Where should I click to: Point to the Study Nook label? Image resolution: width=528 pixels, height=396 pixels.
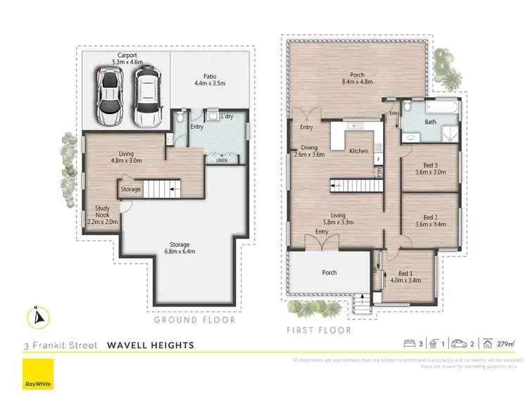tap(102, 217)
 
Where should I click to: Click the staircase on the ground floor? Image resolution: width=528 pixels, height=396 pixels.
tap(167, 189)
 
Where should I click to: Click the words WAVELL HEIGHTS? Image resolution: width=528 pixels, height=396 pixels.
tap(151, 345)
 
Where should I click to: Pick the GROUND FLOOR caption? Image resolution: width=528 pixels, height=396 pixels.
tap(195, 320)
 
